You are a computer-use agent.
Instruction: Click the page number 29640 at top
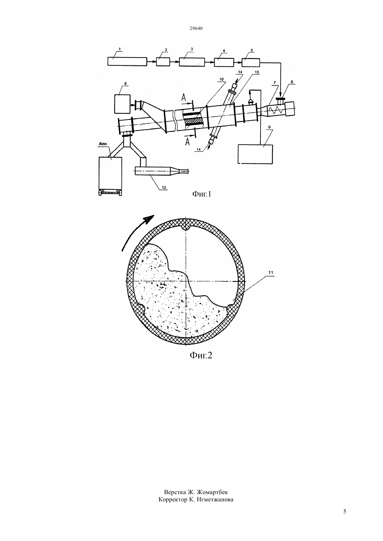point(196,28)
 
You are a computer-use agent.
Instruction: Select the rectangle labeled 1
point(127,61)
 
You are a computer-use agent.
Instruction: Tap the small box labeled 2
point(163,62)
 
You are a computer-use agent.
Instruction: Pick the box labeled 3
point(192,62)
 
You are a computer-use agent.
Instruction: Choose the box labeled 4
point(224,62)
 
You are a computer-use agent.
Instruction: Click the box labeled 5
point(251,63)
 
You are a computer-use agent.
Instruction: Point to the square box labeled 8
point(122,104)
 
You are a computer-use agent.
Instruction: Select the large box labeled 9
point(255,154)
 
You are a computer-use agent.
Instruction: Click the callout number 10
point(221,79)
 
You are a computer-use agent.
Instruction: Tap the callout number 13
point(257,72)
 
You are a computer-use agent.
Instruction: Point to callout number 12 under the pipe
point(164,187)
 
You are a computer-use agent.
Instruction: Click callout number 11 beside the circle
point(271,273)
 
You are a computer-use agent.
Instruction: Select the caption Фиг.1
point(202,194)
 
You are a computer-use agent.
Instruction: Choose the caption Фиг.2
point(201,355)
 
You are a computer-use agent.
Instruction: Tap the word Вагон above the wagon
point(103,144)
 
